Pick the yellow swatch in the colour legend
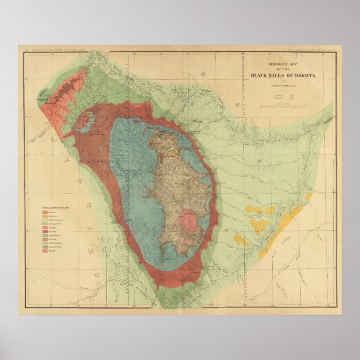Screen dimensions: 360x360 46,216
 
